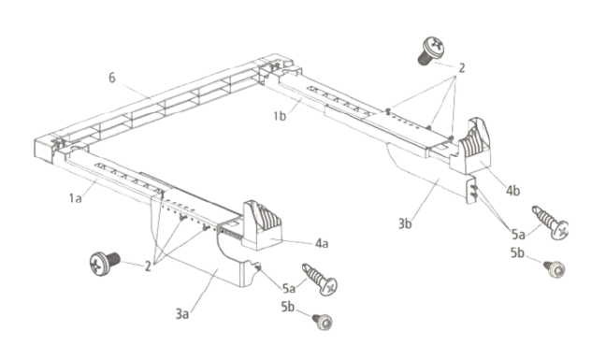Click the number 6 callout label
111,78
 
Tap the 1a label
76,198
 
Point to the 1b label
280,116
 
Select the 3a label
182,313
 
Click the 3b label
405,223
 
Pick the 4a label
322,243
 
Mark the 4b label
512,191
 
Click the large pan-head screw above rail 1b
431,50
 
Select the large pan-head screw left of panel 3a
105,264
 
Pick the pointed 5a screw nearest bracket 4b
550,223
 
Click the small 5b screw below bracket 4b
555,268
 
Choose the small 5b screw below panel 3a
323,322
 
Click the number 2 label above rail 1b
461,68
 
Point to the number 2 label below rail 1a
148,266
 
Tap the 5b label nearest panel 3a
288,307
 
